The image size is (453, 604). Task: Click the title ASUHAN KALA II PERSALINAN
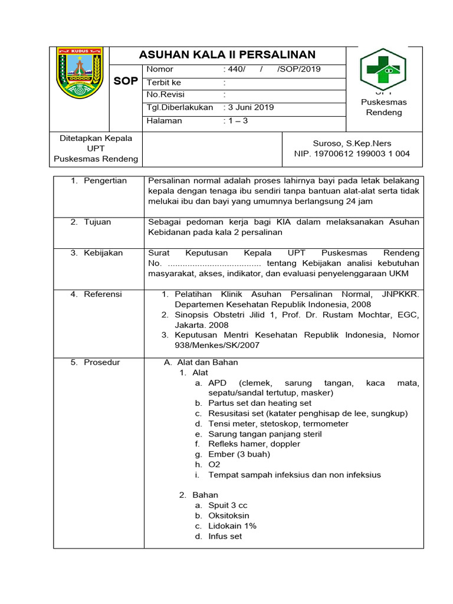point(227,55)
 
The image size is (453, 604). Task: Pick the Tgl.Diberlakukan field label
point(180,107)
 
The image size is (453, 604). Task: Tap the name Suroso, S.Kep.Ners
point(352,143)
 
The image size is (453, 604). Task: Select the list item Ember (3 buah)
point(239,454)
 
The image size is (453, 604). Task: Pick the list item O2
point(214,465)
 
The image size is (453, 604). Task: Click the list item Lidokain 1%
point(232,526)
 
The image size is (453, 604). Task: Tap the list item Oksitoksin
point(228,516)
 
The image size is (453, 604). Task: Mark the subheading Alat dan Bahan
point(207,362)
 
